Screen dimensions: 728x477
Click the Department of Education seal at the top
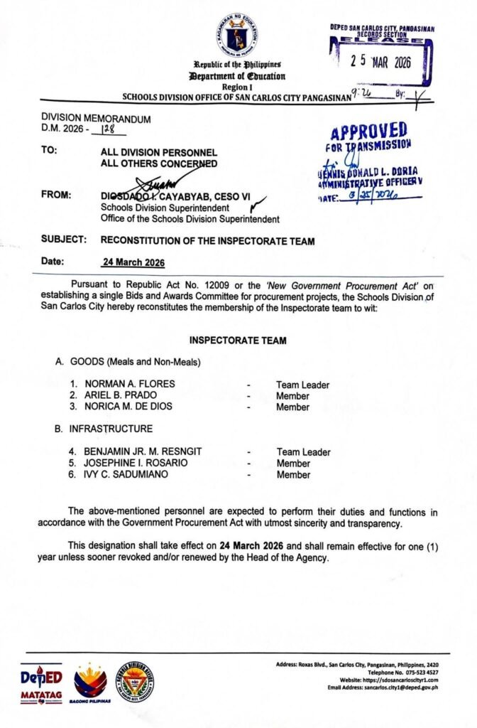[237, 34]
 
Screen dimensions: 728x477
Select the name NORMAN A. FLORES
[129, 385]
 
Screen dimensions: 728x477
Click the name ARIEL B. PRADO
[120, 395]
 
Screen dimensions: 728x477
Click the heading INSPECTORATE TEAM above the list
[238, 341]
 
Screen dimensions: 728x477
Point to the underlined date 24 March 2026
[134, 262]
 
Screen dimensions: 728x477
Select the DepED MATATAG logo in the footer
[40, 683]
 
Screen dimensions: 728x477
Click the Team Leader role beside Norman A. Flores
[302, 385]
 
